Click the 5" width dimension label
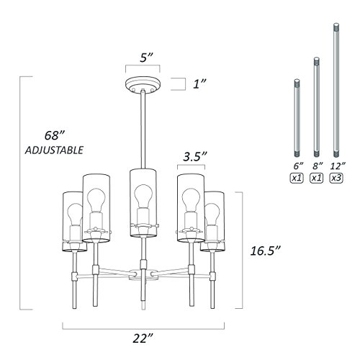(x=146, y=58)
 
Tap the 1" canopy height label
(x=199, y=84)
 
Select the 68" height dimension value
(x=55, y=135)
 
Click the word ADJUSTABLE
(x=54, y=150)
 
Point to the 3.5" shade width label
(x=195, y=157)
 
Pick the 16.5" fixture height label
(x=265, y=251)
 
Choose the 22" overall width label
(x=143, y=338)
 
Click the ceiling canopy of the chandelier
(x=143, y=84)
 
